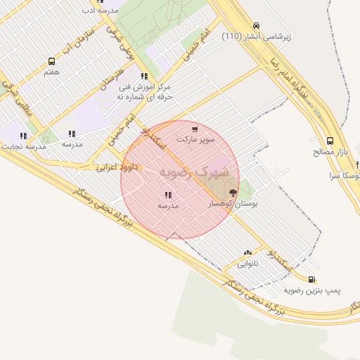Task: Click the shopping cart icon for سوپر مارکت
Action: click(195, 129)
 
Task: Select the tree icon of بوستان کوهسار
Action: click(233, 193)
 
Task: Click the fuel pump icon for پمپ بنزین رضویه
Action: click(311, 279)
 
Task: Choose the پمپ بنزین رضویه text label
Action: click(312, 290)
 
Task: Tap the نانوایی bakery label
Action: click(247, 264)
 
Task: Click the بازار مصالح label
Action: click(330, 151)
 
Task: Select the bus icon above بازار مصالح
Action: click(330, 140)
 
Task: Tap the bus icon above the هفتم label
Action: click(51, 62)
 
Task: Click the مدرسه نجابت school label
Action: click(26, 146)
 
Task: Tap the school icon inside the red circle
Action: click(167, 195)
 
